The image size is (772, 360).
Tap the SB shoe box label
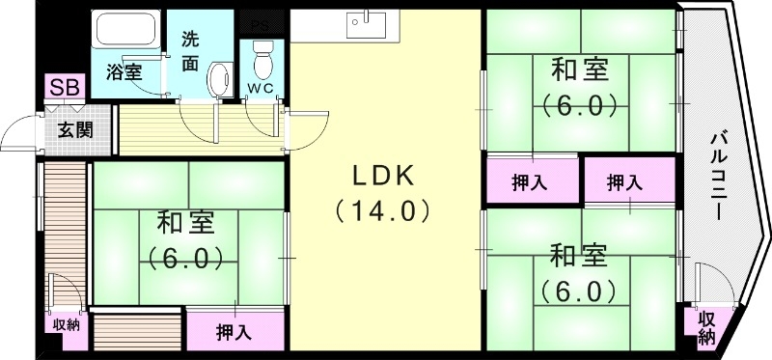point(66,89)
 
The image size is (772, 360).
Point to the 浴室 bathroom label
point(123,70)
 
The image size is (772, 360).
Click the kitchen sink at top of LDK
point(368,23)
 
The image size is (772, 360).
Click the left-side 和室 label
point(187,225)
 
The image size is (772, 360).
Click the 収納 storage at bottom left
point(67,324)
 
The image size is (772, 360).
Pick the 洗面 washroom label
point(192,52)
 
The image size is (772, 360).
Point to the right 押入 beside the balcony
point(628,180)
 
